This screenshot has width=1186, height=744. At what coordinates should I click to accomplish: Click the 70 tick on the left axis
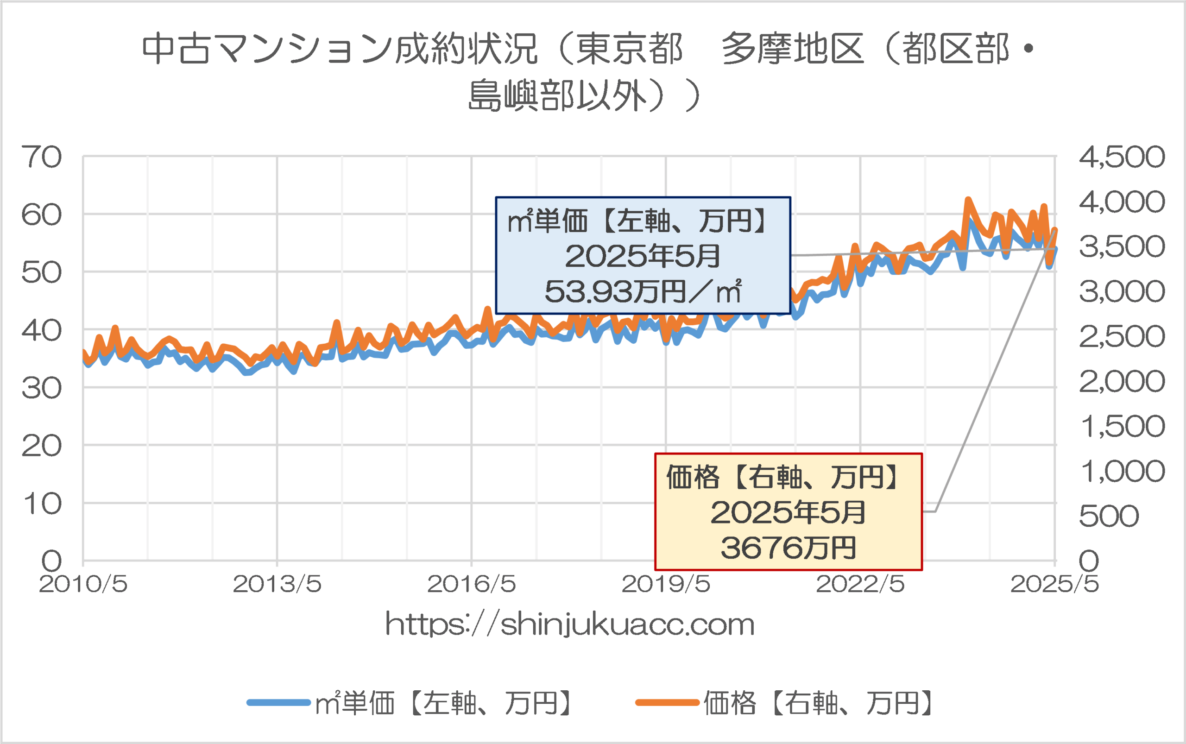coord(42,158)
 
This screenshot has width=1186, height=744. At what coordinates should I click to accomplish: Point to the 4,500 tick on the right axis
coord(1122,158)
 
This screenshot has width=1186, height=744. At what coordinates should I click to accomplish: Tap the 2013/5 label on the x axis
coord(277,585)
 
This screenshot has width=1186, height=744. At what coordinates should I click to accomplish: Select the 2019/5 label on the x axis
coord(666,585)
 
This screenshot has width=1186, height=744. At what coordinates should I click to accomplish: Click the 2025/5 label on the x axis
coord(1054,585)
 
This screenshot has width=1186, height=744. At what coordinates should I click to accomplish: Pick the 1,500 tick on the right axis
coord(1122,427)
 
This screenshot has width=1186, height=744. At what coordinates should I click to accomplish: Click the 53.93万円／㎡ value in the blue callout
coord(643,291)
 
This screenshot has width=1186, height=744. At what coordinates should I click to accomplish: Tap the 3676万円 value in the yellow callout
coord(789,548)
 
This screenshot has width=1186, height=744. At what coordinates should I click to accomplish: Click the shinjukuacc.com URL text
coord(570,624)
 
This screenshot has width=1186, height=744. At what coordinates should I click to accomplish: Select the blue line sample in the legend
coord(278,703)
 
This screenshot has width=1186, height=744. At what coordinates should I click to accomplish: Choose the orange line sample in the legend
coord(667,703)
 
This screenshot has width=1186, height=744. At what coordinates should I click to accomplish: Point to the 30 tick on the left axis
coord(42,389)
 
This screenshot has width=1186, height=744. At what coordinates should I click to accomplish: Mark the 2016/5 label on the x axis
coord(472,585)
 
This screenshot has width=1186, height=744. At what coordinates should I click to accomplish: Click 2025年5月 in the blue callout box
coord(642,256)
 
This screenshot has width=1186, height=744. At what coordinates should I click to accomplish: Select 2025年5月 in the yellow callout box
coord(788,513)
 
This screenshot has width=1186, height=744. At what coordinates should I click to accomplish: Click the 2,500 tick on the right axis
coord(1122,337)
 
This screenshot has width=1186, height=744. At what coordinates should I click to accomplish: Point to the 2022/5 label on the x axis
coord(860,585)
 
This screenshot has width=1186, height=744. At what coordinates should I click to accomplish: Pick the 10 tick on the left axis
coord(42,504)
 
